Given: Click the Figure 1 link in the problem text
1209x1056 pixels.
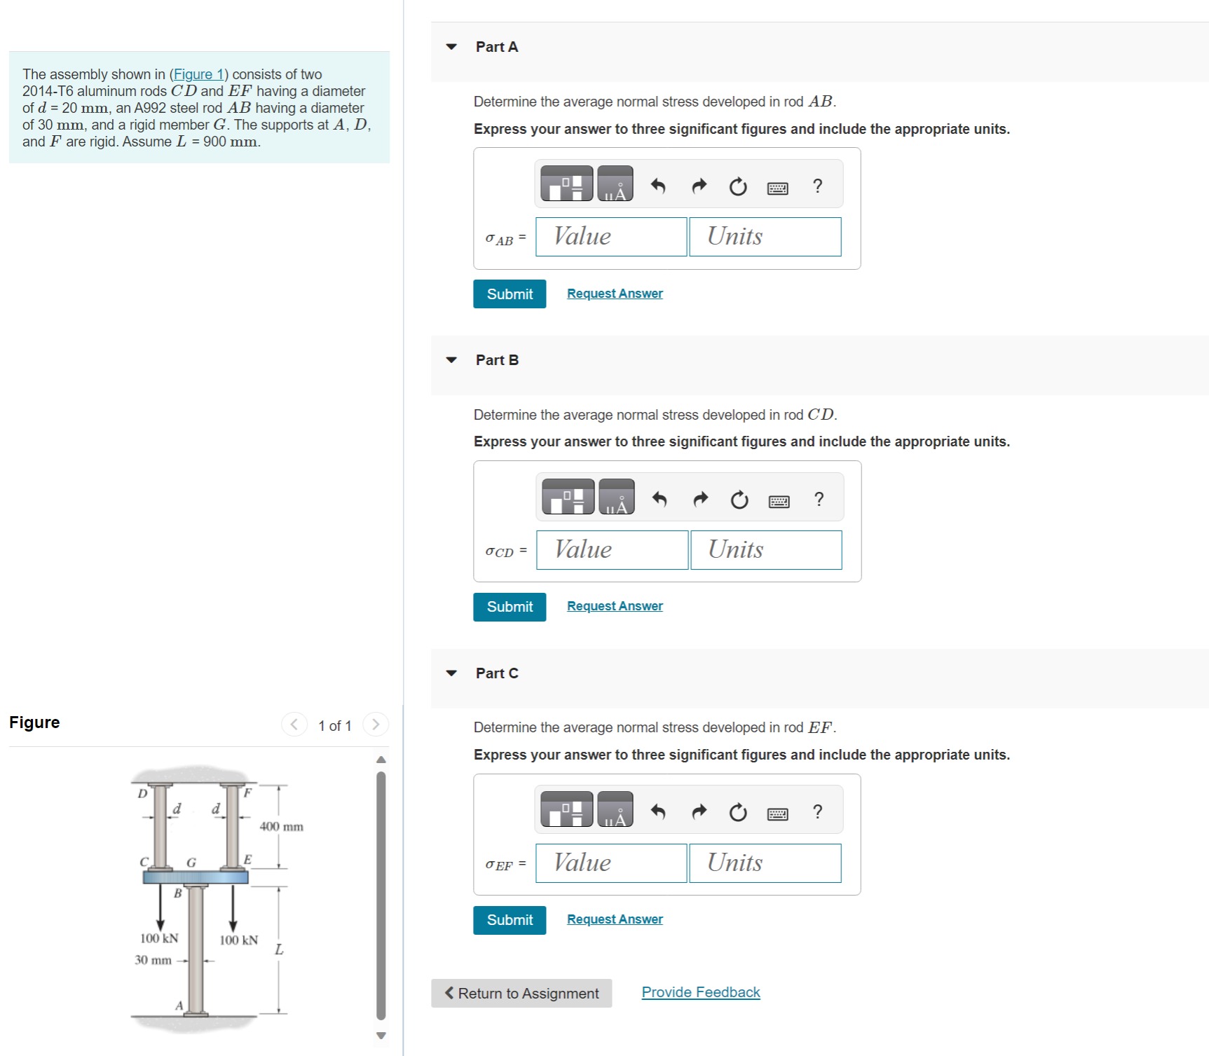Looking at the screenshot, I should (x=198, y=74).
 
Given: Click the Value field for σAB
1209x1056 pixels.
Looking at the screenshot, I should (x=610, y=237).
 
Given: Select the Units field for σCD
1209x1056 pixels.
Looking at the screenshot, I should (x=765, y=550).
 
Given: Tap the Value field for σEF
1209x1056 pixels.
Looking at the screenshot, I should (x=610, y=863).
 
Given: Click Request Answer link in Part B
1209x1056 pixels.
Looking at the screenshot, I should (x=614, y=606).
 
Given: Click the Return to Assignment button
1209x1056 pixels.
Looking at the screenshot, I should (x=521, y=993).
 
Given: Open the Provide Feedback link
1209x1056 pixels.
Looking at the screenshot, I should (x=700, y=992).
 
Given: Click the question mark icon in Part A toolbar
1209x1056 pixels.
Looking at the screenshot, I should (x=817, y=186).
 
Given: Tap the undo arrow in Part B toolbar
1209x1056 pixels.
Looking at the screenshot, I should (x=659, y=500).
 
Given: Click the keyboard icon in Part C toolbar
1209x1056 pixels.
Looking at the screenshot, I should (x=777, y=814).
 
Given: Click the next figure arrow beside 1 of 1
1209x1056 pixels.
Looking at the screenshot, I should (x=376, y=725).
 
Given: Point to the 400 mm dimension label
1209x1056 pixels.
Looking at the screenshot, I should (x=281, y=827).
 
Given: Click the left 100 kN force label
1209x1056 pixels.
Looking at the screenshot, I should (x=159, y=938).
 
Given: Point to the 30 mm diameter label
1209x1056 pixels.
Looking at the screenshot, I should (x=153, y=960).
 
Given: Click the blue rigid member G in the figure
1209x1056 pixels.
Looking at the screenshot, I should (x=196, y=877).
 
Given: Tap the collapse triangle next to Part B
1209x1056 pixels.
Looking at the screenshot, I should (x=451, y=360).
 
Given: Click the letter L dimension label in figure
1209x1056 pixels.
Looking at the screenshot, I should (x=279, y=950).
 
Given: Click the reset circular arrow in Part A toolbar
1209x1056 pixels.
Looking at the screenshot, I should (x=737, y=186).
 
